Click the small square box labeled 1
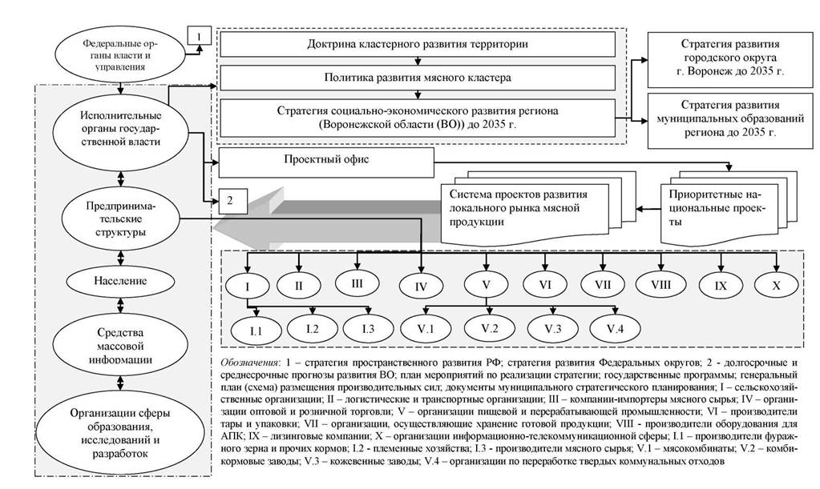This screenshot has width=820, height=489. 200,36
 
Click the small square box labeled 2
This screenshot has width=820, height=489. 230,201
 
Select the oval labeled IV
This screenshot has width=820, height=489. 421,287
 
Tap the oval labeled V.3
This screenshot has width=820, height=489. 553,329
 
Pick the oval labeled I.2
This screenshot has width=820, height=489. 313,329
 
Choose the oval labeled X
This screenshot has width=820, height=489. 776,286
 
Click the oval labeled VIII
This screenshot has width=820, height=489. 661,285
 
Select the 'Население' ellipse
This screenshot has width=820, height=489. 120,281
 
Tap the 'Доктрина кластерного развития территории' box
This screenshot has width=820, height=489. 418,44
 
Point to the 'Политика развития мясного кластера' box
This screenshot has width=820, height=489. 418,78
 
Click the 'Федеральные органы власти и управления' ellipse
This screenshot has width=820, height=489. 121,54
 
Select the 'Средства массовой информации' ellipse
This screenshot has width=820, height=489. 120,346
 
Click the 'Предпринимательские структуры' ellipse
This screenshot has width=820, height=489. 121,219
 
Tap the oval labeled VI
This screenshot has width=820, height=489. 545,285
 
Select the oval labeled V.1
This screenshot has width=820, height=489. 426,329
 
